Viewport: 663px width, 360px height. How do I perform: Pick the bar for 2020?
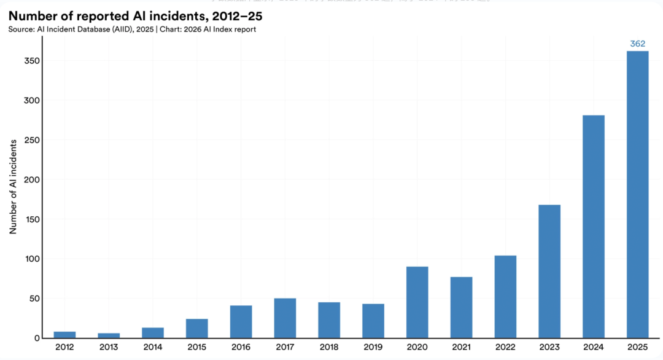click(x=417, y=302)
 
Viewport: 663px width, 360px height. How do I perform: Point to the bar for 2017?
click(x=285, y=318)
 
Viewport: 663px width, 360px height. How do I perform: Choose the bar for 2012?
click(x=64, y=335)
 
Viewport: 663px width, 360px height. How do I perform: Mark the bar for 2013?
click(x=109, y=335)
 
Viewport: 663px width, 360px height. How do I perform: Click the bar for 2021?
click(x=461, y=307)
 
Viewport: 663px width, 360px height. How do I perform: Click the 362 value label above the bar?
click(x=637, y=44)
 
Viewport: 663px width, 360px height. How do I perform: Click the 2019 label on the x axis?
click(x=373, y=347)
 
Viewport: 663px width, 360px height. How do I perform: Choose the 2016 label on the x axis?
click(x=241, y=347)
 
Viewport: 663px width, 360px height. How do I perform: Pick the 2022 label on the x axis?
click(x=505, y=347)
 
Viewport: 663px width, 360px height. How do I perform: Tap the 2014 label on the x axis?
click(x=153, y=347)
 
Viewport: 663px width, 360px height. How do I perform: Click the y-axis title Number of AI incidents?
click(x=13, y=186)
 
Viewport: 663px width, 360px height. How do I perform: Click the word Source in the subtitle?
click(x=21, y=29)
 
